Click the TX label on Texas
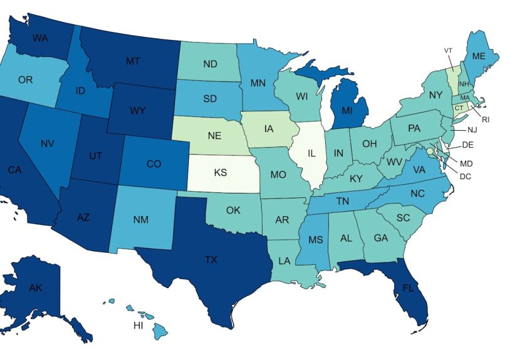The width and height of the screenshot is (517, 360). [x=211, y=259]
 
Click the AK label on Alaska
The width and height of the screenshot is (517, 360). [x=36, y=287]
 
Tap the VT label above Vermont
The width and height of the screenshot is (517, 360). [x=448, y=51]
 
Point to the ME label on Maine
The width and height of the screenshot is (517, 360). [x=479, y=56]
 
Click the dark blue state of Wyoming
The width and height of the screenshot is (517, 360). [x=138, y=111]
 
